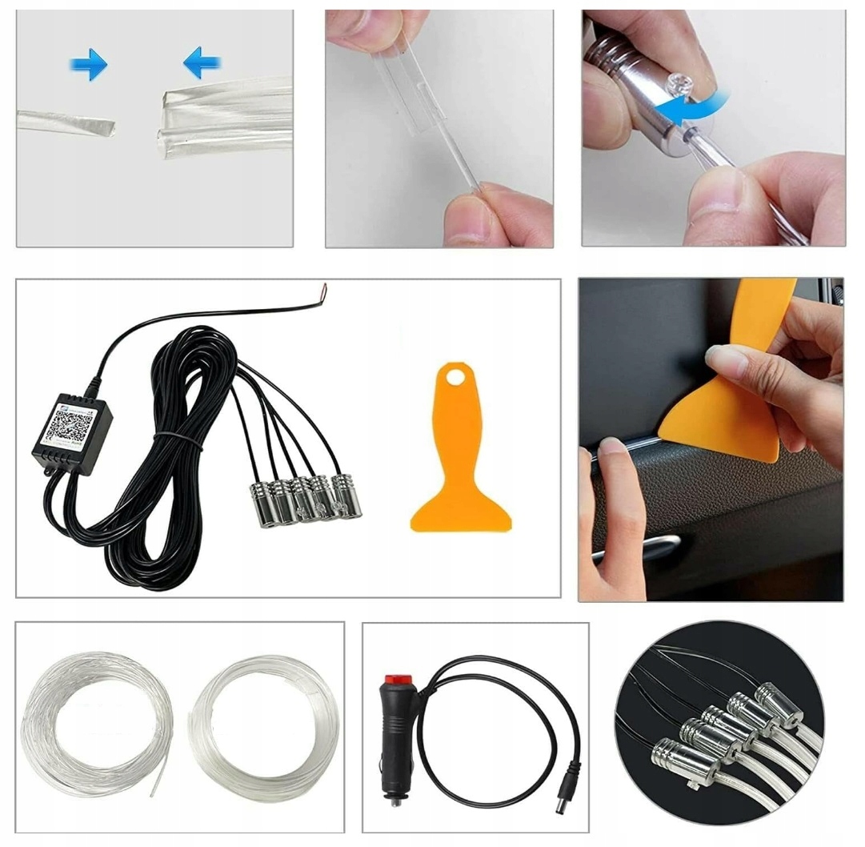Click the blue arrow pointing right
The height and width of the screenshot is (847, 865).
point(89,64)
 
